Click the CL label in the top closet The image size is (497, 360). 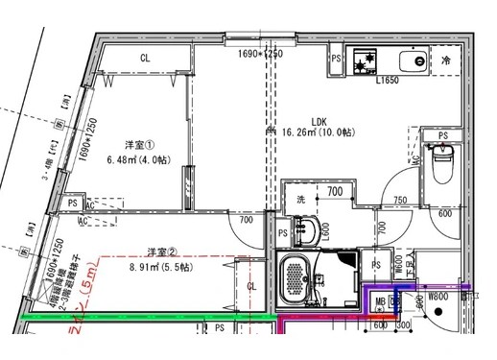click(x=145, y=59)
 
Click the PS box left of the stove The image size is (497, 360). click(x=336, y=59)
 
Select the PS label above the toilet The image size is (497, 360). click(x=442, y=136)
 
